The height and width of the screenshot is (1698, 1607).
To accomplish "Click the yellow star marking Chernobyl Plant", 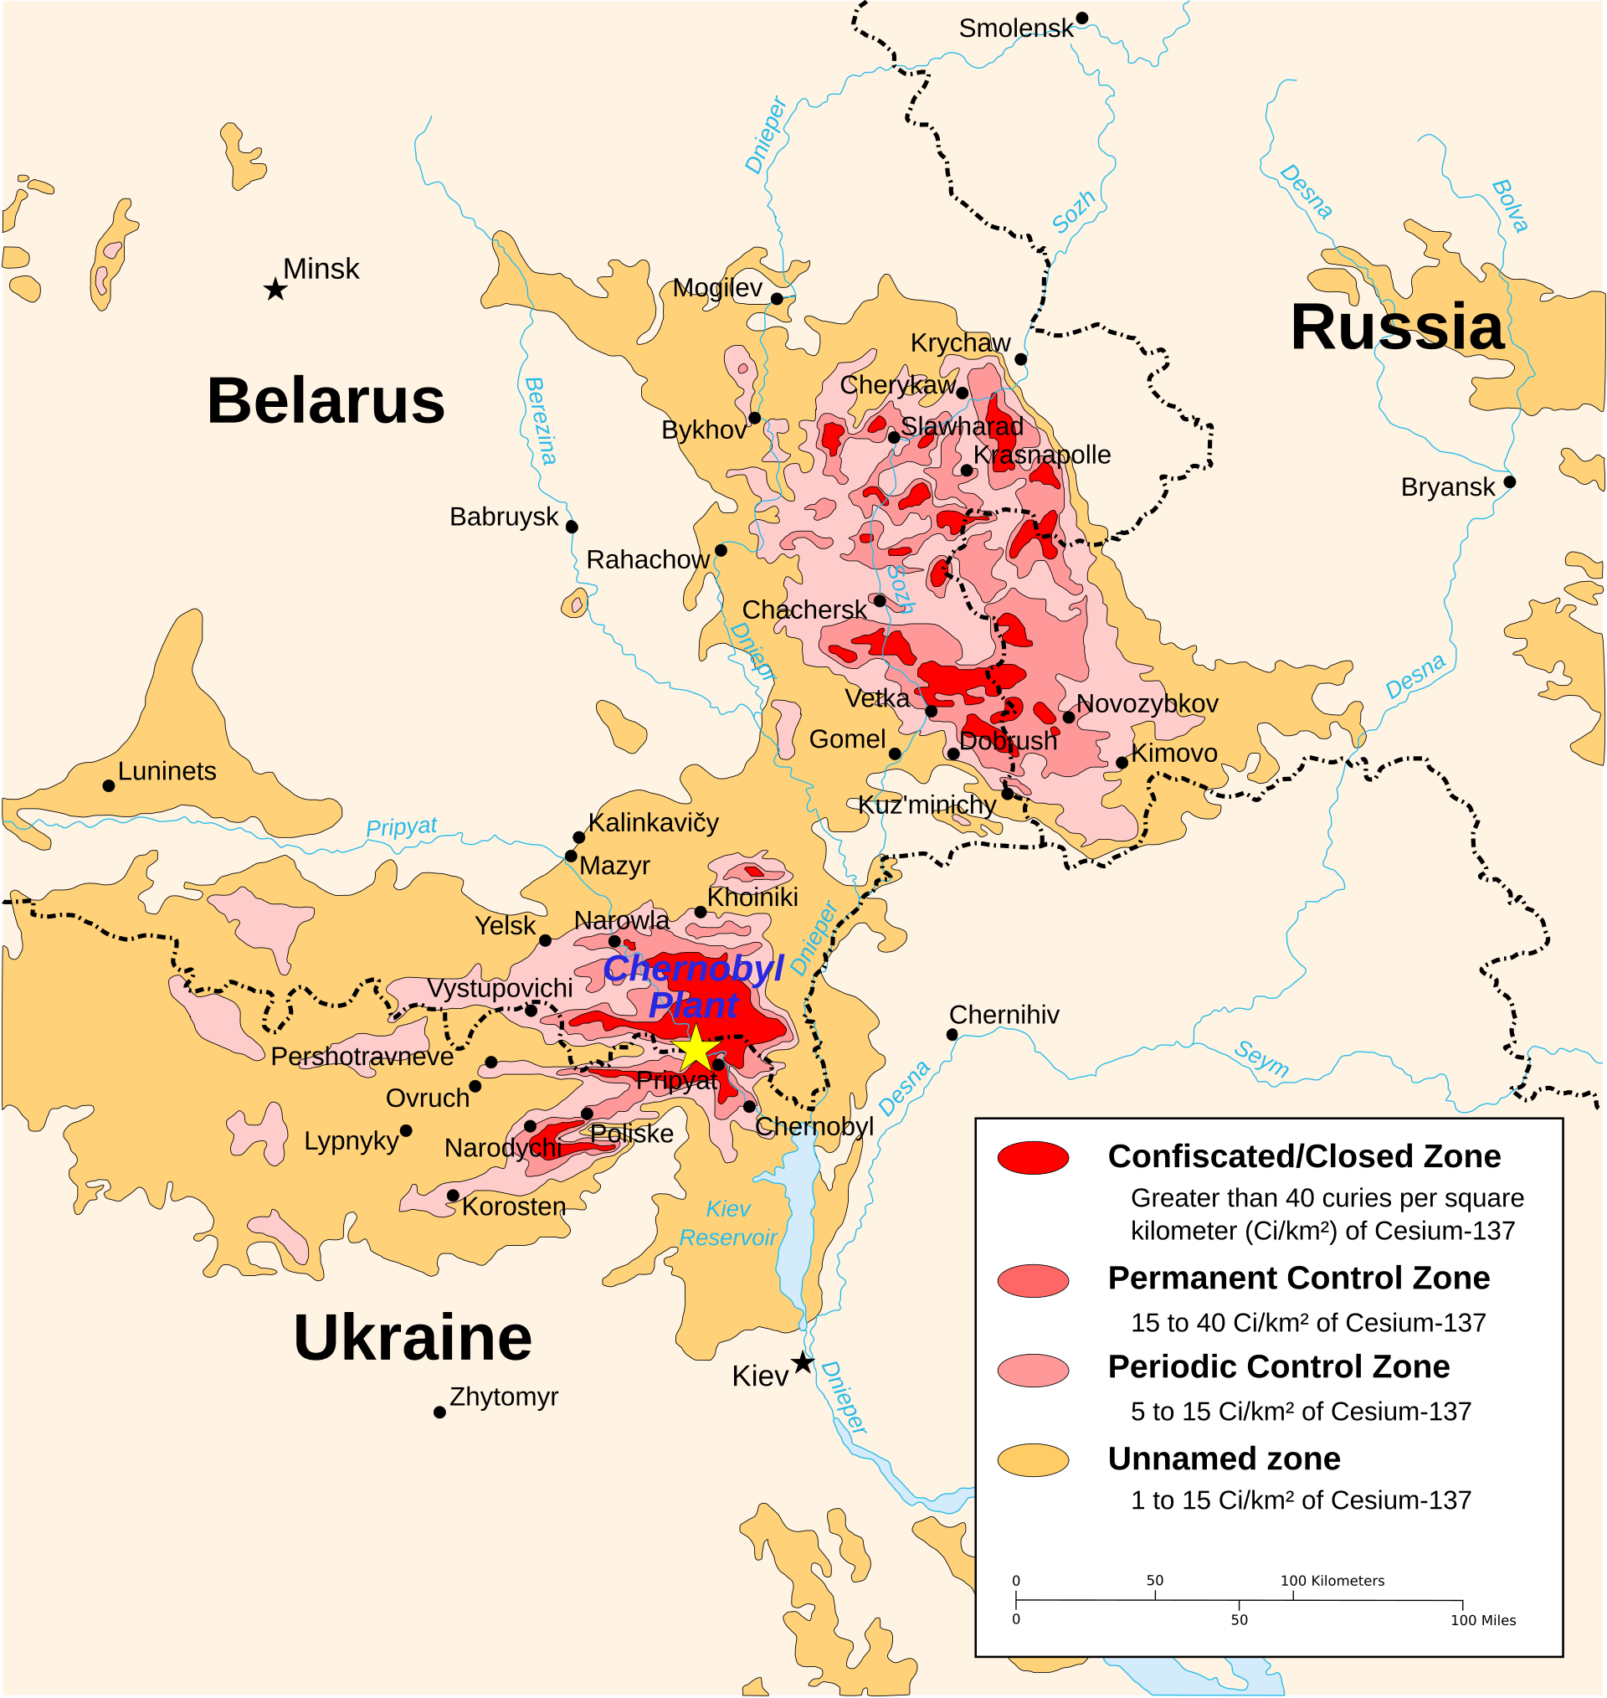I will (x=696, y=1047).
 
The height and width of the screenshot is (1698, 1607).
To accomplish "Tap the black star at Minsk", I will (x=275, y=290).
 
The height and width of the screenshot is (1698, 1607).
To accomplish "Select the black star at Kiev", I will (x=802, y=1363).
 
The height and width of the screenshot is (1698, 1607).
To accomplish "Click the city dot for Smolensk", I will (x=1082, y=18).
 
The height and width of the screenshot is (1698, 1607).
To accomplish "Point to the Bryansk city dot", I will (x=1509, y=482).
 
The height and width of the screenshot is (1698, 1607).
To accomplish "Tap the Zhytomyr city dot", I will (x=439, y=1412).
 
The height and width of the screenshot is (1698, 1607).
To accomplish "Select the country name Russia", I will (x=1396, y=327).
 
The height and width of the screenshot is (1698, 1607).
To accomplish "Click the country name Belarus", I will (x=326, y=401).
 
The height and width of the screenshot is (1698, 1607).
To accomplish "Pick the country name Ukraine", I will (x=412, y=1338).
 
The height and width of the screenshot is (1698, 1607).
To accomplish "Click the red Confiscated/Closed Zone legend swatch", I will (x=1033, y=1157).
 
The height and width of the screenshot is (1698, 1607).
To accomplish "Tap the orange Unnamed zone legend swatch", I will (x=1033, y=1461).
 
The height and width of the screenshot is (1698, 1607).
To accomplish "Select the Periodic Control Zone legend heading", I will (x=1278, y=1367).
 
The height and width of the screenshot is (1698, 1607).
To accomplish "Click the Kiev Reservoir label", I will (x=727, y=1223).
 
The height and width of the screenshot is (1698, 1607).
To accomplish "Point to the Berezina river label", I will (x=541, y=420).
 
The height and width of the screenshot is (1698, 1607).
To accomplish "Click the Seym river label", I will (x=1261, y=1059).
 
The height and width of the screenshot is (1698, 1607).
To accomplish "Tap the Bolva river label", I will (x=1509, y=206).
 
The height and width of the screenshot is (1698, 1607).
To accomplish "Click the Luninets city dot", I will (x=109, y=785).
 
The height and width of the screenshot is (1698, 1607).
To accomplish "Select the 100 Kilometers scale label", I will (x=1332, y=1581).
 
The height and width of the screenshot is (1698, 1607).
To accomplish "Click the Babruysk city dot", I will (x=572, y=527).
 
